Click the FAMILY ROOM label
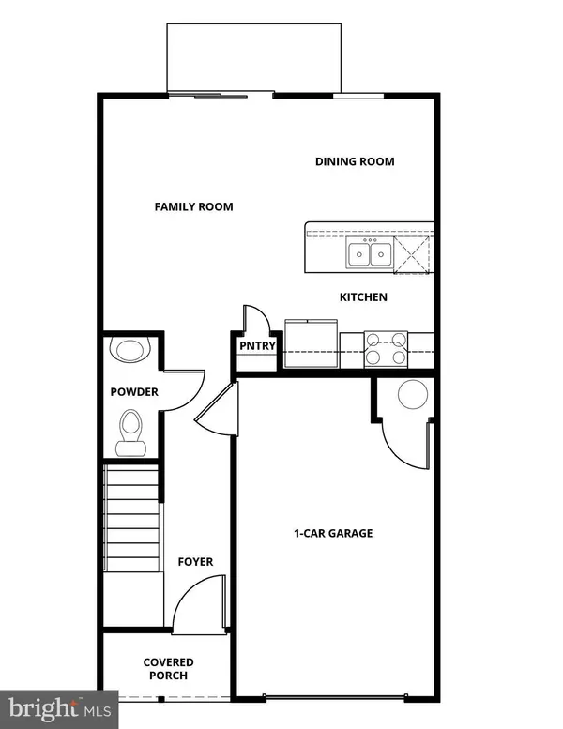pyautogui.click(x=193, y=206)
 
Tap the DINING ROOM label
pyautogui.click(x=355, y=161)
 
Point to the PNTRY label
pyautogui.click(x=257, y=346)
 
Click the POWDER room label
pyautogui.click(x=134, y=392)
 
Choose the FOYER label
pyautogui.click(x=195, y=562)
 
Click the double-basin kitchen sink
pyautogui.click(x=370, y=252)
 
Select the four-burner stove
pyautogui.click(x=386, y=349)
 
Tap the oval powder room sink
pyautogui.click(x=129, y=350)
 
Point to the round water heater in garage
pyautogui.click(x=413, y=395)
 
